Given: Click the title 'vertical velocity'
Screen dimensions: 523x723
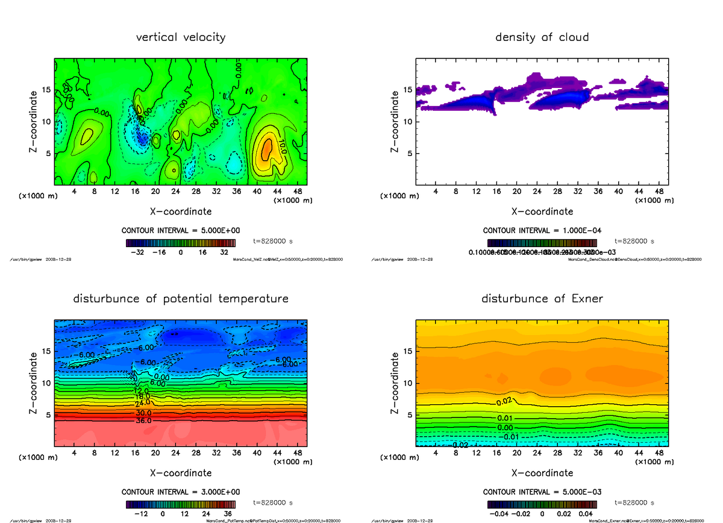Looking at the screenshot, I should click(181, 37).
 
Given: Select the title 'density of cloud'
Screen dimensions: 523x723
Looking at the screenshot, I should click(542, 37).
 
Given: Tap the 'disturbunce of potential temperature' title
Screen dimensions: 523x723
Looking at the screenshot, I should click(181, 299).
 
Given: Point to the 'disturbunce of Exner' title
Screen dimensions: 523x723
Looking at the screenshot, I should click(542, 299).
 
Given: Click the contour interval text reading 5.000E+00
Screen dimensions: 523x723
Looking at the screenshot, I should click(181, 231).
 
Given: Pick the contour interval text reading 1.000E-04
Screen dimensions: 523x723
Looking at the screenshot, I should click(542, 231).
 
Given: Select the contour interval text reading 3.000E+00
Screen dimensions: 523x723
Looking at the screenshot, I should click(181, 492).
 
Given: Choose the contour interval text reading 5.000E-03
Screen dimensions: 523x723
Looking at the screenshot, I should click(542, 492).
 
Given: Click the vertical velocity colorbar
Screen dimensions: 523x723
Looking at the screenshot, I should click(181, 243).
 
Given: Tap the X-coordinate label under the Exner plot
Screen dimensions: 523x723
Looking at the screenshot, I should click(542, 473).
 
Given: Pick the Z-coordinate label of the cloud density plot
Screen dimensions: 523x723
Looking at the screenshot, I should click(396, 121).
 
